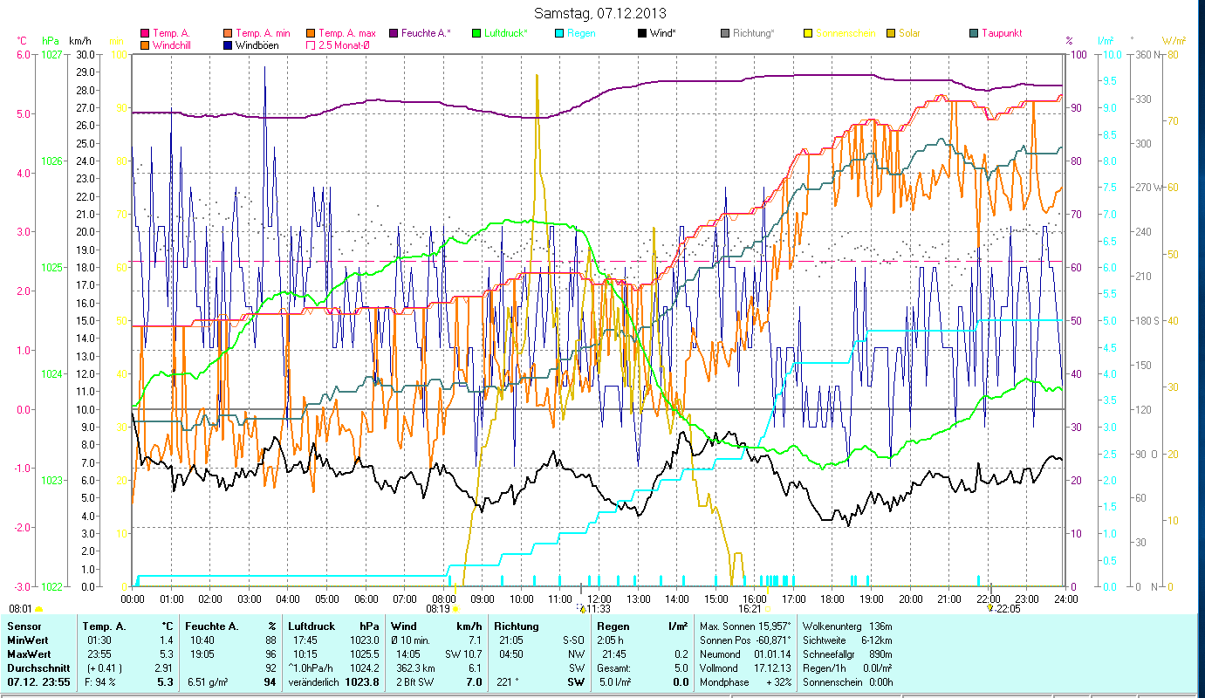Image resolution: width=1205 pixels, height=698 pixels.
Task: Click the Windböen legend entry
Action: tap(257, 44)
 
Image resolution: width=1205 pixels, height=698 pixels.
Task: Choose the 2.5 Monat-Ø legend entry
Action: tap(344, 44)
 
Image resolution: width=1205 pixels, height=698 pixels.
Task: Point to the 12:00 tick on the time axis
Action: tap(599, 599)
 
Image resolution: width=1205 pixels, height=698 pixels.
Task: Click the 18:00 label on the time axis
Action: tap(832, 599)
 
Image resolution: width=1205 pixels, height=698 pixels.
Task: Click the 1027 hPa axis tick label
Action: tap(51, 54)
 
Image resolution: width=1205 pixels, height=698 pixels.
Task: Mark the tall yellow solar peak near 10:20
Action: tap(537, 76)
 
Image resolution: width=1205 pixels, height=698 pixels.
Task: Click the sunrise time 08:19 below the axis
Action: tap(436, 609)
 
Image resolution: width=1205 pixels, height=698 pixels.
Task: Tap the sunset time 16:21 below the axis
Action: tap(750, 609)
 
